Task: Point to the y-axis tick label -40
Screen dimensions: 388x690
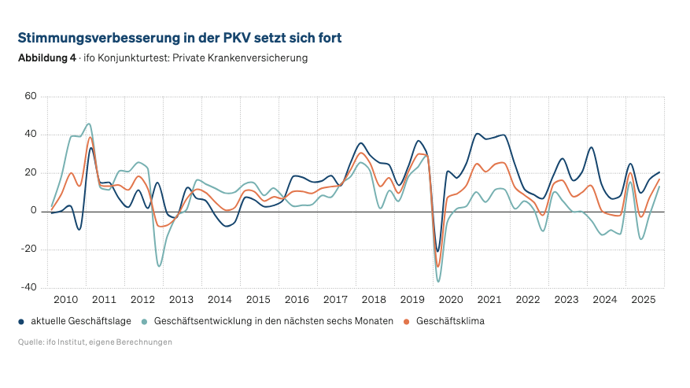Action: pyautogui.click(x=29, y=288)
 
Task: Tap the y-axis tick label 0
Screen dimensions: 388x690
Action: pyautogui.click(x=34, y=211)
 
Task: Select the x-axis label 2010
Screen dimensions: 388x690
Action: pyautogui.click(x=65, y=300)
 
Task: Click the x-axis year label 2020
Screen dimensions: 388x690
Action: pyautogui.click(x=451, y=300)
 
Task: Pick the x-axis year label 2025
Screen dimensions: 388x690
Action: pyautogui.click(x=644, y=300)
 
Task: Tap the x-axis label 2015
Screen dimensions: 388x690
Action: pyautogui.click(x=258, y=300)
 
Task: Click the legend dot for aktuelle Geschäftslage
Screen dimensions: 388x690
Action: pyautogui.click(x=21, y=322)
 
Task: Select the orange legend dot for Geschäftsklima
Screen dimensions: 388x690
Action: pyautogui.click(x=407, y=322)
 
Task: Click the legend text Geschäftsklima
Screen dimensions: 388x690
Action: pyautogui.click(x=450, y=321)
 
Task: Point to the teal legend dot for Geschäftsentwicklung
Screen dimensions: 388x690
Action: pyautogui.click(x=145, y=322)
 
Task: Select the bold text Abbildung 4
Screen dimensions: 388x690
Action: pyautogui.click(x=46, y=58)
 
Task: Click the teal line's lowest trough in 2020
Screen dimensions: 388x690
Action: pyautogui.click(x=438, y=281)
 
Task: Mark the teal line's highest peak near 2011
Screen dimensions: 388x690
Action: pyautogui.click(x=89, y=124)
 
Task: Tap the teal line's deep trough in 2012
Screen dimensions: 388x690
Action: pyautogui.click(x=159, y=266)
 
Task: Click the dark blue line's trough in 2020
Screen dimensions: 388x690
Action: pyautogui.click(x=438, y=251)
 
